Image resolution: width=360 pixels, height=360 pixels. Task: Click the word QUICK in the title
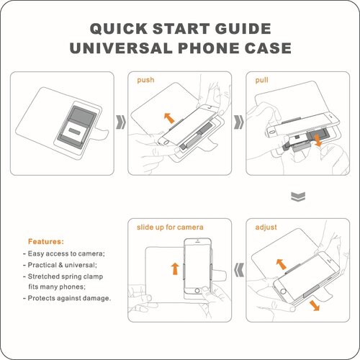[119, 29]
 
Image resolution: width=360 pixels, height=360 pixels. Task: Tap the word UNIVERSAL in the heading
[121, 48]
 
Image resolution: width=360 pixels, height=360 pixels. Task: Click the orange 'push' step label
[145, 80]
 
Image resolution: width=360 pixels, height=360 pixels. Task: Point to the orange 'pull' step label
[261, 80]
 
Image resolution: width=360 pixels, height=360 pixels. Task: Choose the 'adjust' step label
[266, 227]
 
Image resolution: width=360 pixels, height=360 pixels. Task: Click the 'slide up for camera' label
[170, 227]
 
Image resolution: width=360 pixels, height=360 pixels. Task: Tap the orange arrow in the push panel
[169, 118]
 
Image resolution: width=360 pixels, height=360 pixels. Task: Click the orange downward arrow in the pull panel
[318, 140]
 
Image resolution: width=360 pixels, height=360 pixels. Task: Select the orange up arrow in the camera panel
[175, 269]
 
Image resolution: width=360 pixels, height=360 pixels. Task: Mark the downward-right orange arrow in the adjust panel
[315, 305]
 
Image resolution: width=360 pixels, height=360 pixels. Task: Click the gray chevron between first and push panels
[121, 122]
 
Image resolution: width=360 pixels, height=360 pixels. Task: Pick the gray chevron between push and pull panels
[239, 122]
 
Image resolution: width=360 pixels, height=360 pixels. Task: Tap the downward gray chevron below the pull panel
[298, 197]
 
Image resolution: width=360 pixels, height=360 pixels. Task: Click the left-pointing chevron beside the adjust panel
[239, 270]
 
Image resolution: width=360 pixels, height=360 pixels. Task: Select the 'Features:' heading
[46, 241]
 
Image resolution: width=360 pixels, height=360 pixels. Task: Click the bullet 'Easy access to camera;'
[64, 253]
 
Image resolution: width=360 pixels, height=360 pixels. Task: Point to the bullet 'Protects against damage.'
[67, 298]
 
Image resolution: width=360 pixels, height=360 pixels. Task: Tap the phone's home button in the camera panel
[197, 291]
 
